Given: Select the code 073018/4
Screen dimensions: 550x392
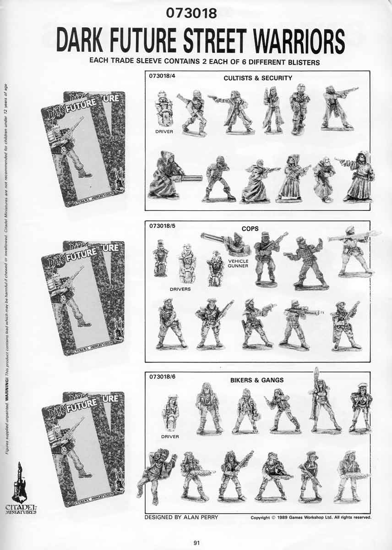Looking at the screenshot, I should pos(160,77).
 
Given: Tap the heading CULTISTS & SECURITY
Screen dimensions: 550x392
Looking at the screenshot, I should pos(258,78).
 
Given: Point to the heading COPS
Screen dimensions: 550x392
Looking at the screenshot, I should pos(250,228).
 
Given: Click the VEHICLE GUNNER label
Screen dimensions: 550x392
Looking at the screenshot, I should pos(238,263).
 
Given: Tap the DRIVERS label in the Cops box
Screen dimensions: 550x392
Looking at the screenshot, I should pos(180,289).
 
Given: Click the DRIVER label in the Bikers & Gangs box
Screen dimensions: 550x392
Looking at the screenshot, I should pos(170,437).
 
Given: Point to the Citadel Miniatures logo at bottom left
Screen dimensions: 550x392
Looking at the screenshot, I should pos(19,490).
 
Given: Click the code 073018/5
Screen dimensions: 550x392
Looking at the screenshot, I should pos(160,226).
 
